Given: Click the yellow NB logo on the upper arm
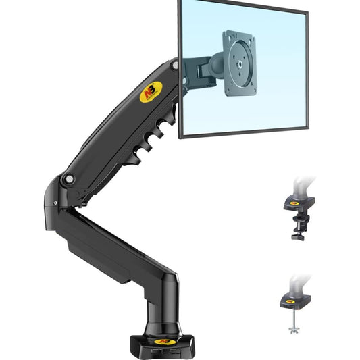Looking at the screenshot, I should pyautogui.click(x=151, y=91).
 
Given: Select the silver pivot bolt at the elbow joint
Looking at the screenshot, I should pyautogui.click(x=69, y=179).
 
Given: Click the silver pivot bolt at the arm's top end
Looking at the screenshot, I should pyautogui.click(x=174, y=66).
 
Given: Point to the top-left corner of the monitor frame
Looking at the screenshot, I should pyautogui.click(x=180, y=2).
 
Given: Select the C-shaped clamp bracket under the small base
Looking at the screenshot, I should pyautogui.click(x=297, y=223).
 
